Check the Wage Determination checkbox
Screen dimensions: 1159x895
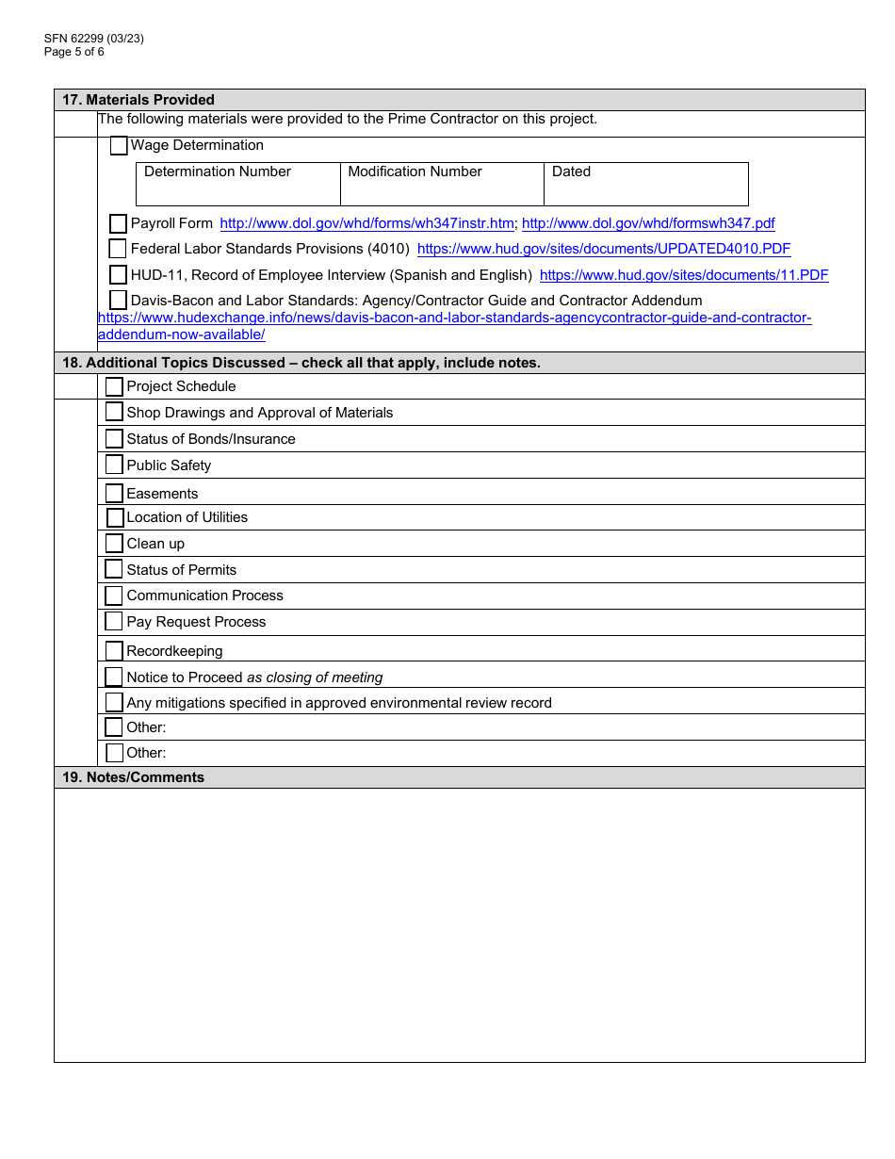(119, 146)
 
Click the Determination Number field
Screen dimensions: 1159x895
(237, 185)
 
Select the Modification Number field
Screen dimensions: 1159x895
(441, 185)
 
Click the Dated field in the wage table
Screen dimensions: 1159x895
(645, 185)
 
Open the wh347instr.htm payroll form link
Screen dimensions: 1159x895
(366, 224)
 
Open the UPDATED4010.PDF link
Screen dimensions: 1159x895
(603, 250)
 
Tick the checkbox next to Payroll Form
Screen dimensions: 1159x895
(118, 224)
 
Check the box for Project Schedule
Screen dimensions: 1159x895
(114, 387)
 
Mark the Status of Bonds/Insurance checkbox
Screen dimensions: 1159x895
(114, 439)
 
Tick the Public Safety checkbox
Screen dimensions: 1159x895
(114, 465)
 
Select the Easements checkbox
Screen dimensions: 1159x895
(114, 494)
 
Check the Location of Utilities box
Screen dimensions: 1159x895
(115, 517)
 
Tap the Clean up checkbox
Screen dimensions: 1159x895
(114, 544)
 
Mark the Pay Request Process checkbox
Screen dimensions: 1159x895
(114, 622)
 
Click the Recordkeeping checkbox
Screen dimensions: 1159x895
(114, 651)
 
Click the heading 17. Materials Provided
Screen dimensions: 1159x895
(138, 100)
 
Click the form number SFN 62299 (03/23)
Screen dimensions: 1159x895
(93, 39)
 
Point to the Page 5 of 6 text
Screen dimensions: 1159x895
(74, 52)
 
